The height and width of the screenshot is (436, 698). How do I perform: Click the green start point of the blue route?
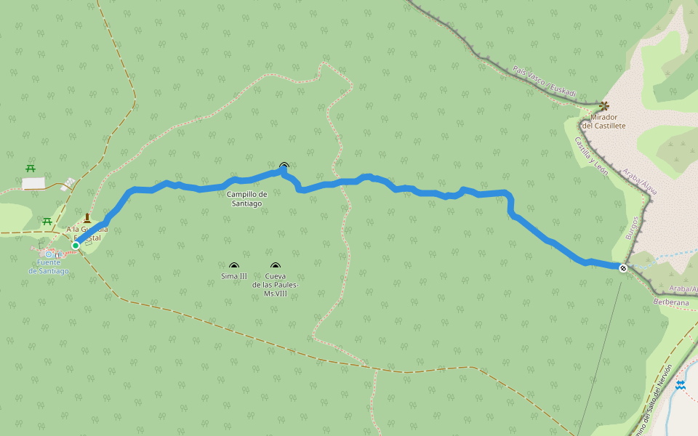point(76,246)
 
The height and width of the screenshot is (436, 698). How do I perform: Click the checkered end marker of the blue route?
point(623,268)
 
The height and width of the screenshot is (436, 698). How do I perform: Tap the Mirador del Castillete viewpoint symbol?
point(604,106)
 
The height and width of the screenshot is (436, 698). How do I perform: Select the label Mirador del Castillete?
point(607,121)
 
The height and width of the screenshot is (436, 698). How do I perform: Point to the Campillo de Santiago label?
point(246,198)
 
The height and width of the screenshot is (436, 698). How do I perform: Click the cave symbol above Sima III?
point(233,267)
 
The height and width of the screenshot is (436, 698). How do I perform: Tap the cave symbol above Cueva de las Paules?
point(275,267)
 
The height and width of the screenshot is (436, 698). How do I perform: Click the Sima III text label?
point(233,276)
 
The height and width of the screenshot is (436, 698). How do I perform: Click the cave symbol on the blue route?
point(284,166)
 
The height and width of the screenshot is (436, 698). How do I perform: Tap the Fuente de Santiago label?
point(49,267)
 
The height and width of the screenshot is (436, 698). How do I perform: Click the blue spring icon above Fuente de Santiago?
point(49,254)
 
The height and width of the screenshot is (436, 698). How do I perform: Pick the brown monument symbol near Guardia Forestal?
point(87,218)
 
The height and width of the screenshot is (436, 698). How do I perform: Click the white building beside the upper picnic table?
point(33,183)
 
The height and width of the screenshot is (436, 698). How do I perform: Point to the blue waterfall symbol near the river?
point(680,385)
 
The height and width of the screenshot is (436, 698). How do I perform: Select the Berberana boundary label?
point(670,302)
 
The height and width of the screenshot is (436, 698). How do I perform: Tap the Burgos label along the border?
point(631,228)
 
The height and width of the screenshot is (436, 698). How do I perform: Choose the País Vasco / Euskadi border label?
point(544,82)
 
